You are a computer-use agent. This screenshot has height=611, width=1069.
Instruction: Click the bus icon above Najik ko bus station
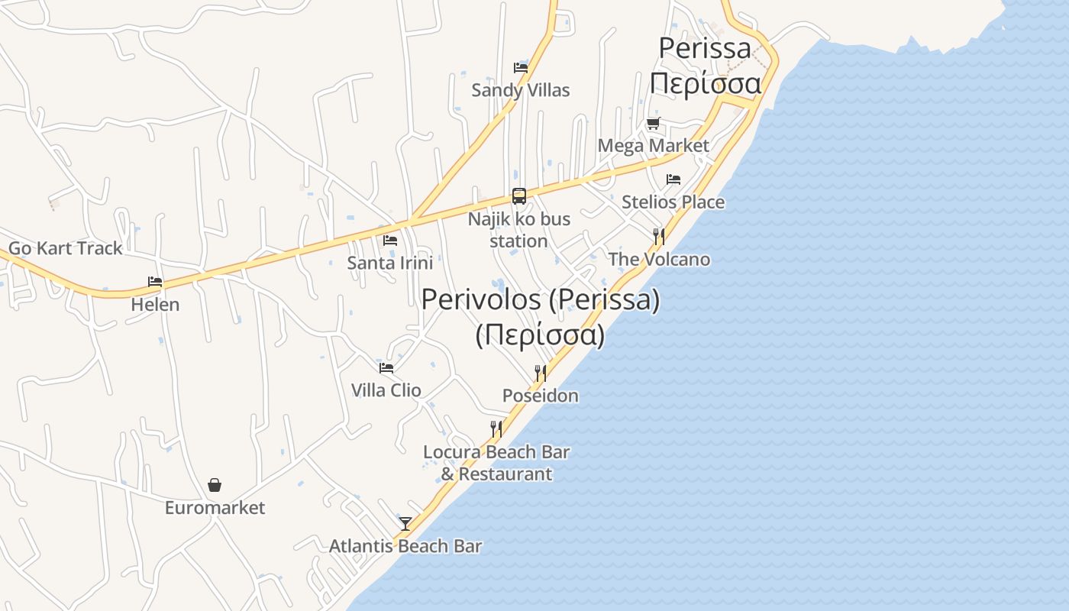pos(519,196)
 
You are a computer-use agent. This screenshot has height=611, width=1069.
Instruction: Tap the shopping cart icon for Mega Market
pos(653,124)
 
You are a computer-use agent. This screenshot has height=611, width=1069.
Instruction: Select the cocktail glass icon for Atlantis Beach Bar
pos(405,523)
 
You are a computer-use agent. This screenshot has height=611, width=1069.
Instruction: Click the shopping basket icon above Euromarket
pos(215,485)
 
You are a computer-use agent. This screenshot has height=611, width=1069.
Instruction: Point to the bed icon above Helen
pos(155,282)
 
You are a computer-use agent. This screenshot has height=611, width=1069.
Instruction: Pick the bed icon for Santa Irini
pos(390,240)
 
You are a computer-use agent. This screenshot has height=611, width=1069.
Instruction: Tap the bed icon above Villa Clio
pos(386,367)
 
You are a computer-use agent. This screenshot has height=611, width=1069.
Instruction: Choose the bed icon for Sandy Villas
pos(521,67)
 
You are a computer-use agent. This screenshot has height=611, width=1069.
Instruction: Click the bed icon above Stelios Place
pos(673,179)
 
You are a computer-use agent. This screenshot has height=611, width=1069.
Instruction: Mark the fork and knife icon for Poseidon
pos(541,373)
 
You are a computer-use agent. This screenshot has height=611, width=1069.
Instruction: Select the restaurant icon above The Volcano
pos(659,236)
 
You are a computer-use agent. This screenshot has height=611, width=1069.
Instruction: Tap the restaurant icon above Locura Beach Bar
pos(496,428)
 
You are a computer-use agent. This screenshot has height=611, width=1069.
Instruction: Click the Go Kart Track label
pos(65,248)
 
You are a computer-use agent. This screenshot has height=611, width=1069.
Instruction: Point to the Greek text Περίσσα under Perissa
pos(706,83)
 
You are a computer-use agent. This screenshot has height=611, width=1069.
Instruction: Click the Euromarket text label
pos(215,508)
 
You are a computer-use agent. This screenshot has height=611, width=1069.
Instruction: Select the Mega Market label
pos(653,146)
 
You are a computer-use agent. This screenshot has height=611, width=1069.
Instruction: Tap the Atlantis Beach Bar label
pos(405,546)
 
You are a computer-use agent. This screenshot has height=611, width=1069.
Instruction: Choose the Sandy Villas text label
pos(521,90)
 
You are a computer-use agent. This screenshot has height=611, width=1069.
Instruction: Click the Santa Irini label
pos(390,263)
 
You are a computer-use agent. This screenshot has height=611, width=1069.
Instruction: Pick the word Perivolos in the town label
pos(482,299)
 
